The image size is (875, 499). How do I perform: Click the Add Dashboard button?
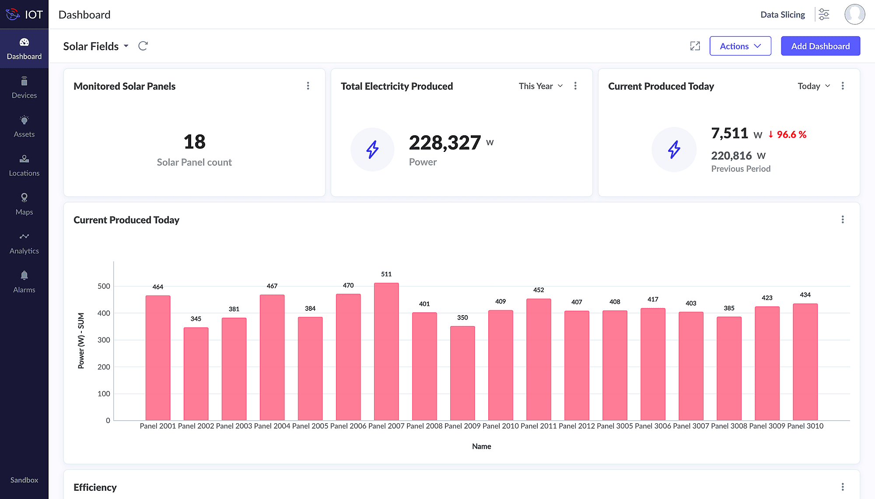(x=820, y=46)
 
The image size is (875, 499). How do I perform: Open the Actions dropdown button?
(x=740, y=46)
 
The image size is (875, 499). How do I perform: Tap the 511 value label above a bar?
(x=386, y=274)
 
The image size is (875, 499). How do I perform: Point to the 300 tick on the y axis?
(x=104, y=340)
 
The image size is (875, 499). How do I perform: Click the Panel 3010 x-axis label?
(x=805, y=426)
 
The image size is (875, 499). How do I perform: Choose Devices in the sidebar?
(x=24, y=88)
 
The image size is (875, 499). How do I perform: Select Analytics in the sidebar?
(x=24, y=243)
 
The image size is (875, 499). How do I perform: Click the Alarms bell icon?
(x=24, y=275)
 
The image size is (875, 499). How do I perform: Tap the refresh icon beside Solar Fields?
(x=143, y=46)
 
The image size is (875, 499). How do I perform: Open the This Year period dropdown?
(x=541, y=86)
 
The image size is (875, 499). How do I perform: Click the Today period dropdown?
(x=814, y=86)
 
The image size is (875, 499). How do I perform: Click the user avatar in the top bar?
(x=854, y=14)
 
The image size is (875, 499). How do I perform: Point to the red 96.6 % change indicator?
(x=787, y=135)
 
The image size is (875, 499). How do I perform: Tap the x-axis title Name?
(x=481, y=446)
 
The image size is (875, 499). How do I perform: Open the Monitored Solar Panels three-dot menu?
(x=308, y=86)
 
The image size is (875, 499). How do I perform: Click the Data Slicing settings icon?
(x=824, y=14)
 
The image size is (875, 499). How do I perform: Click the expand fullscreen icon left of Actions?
(x=695, y=46)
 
